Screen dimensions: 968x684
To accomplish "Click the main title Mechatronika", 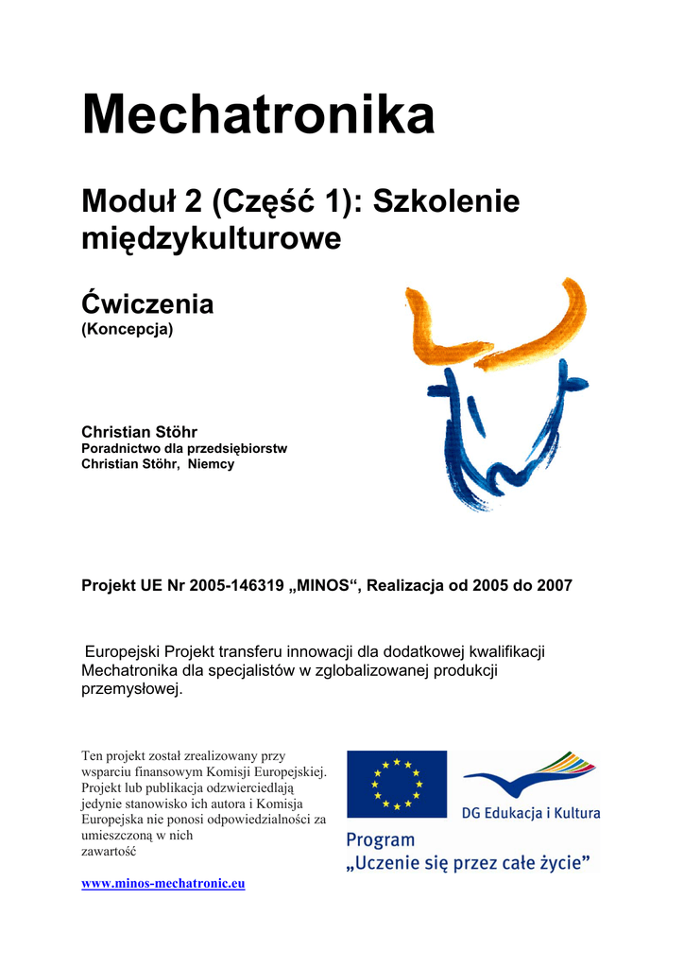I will point(258,116).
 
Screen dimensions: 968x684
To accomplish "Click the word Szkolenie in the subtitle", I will point(447,201).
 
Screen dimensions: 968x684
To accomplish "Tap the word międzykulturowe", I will point(211,239).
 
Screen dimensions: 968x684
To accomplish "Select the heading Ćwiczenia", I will point(147,304).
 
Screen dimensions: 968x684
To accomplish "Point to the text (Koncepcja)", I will point(128,330).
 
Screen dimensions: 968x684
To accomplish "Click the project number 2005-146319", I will point(237,586).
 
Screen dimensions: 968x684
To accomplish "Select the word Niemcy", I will point(212,464).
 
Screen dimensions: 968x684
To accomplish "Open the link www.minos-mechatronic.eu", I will point(163,883).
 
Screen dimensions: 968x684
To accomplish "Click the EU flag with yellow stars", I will point(397,784).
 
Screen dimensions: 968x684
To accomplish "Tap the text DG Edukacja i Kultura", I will point(531,812).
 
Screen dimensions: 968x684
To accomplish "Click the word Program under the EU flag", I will point(381,839).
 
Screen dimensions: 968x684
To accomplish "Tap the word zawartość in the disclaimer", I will point(109,851).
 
